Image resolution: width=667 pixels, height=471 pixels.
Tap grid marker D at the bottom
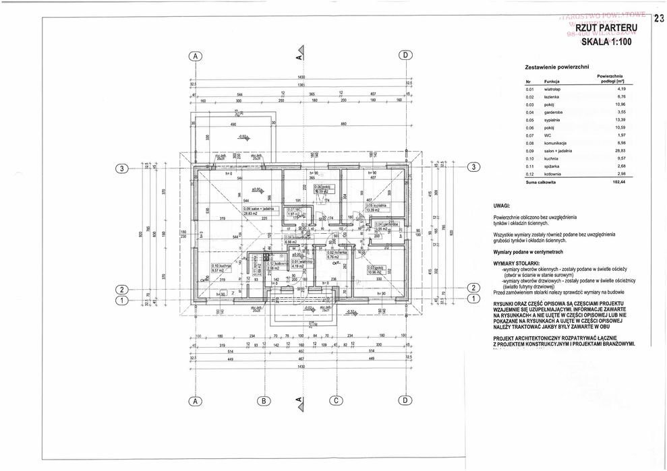(405, 400)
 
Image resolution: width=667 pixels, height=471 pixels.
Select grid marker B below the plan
(264, 400)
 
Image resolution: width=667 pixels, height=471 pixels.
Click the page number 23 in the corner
(658, 18)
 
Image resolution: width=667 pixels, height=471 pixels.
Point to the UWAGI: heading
(504, 203)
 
